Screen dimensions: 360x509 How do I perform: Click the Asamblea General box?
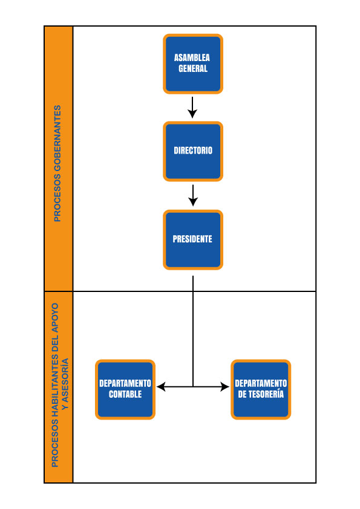coord(193,64)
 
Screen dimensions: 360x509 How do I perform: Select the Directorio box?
coord(193,151)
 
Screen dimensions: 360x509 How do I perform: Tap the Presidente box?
coord(193,240)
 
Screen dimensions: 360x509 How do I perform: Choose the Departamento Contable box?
coord(125,389)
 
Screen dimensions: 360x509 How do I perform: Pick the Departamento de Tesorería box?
coord(261,389)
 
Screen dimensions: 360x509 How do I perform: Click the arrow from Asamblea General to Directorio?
coord(192,108)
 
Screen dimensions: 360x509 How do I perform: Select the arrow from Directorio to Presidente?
coord(193,195)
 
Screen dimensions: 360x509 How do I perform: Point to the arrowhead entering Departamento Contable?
coord(161,387)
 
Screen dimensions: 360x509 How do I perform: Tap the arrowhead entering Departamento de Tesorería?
coord(225,387)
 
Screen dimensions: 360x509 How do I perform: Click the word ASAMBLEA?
coord(192,58)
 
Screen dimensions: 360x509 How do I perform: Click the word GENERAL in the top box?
coord(193,68)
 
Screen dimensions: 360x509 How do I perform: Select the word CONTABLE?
coord(125,394)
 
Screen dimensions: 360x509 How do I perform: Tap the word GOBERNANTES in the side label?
coord(57,138)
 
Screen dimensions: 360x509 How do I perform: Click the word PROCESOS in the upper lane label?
coord(57,198)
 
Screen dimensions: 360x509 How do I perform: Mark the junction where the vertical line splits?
coord(193,387)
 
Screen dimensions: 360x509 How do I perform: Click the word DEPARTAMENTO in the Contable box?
coord(125,383)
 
